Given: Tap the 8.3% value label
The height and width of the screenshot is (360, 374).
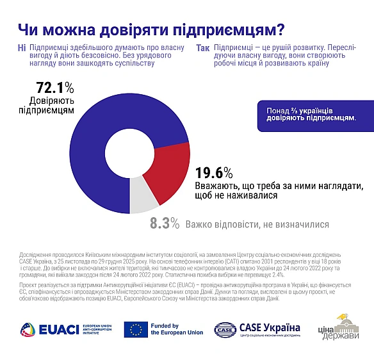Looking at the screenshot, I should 164,224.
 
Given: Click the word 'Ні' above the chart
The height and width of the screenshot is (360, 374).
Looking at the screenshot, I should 22,49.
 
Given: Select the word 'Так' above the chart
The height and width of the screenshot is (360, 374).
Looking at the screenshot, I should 202,49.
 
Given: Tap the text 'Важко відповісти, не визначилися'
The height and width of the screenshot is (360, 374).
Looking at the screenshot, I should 257,225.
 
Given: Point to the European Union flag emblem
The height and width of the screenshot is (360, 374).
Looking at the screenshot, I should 135,329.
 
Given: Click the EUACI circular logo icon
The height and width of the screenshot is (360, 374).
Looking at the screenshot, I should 29,329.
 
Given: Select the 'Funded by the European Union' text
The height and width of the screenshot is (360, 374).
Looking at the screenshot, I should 175,329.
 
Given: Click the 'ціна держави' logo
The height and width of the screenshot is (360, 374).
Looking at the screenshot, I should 343,328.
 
